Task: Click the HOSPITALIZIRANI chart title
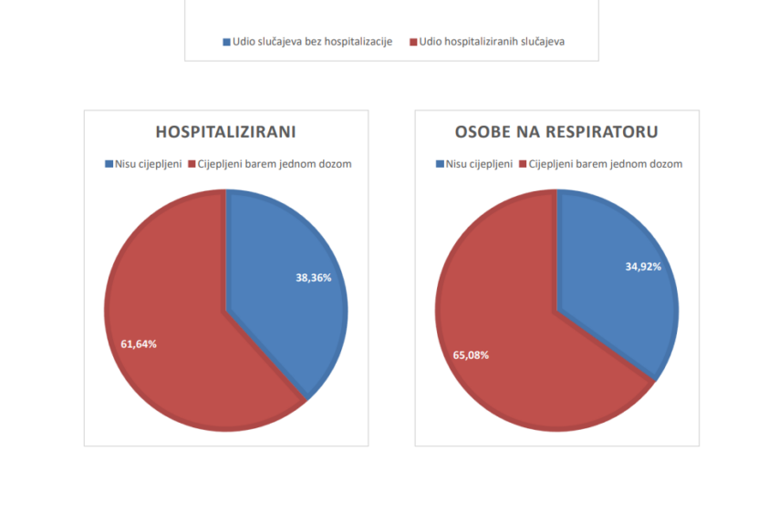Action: click(x=226, y=131)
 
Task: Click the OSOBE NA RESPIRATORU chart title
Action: click(x=556, y=131)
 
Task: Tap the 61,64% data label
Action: click(x=139, y=344)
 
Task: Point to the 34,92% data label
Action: click(x=643, y=267)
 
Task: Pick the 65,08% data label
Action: click(x=471, y=354)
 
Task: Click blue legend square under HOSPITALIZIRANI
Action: click(x=108, y=165)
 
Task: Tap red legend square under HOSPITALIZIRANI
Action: click(x=192, y=165)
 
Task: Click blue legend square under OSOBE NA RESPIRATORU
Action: click(x=440, y=165)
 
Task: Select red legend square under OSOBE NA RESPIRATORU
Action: click(x=524, y=165)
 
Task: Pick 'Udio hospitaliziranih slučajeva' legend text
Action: click(x=493, y=42)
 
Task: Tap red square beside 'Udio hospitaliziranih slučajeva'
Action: click(x=413, y=42)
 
